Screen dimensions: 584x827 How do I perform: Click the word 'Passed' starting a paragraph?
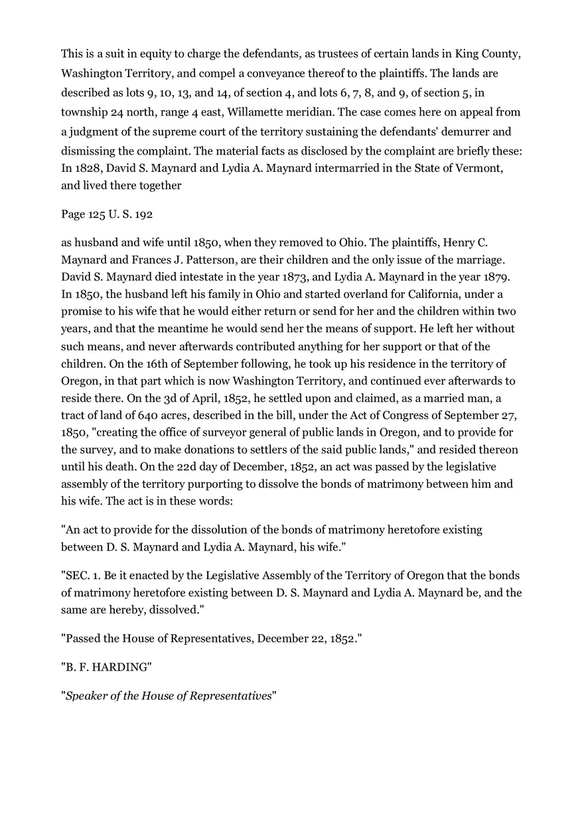point(82,639)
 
